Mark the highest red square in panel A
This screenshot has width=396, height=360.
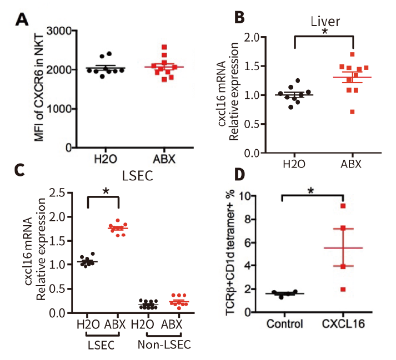pos(163,48)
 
